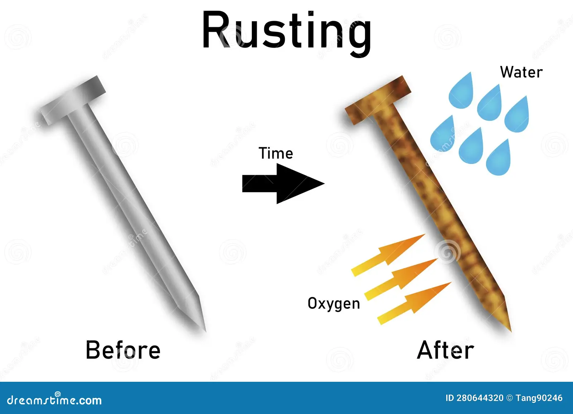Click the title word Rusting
pos(286,33)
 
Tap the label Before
pos(123,350)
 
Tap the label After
pos(446,350)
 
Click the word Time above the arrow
pos(276,153)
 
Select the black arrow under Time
pos(283,183)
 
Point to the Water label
pos(521,72)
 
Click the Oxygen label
pos(334,304)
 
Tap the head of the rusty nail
pos(378,100)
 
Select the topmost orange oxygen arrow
pos(388,255)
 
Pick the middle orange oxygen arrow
pos(401,279)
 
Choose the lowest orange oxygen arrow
pos(414,303)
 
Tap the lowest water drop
pos(498,160)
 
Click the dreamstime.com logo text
pos(54,400)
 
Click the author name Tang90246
pos(539,398)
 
